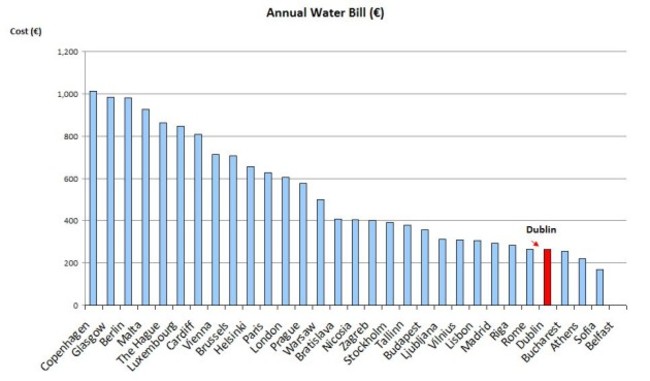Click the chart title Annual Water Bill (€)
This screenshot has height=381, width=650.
(x=326, y=13)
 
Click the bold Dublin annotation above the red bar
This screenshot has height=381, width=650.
(x=541, y=230)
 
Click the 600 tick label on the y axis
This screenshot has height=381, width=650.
(x=68, y=179)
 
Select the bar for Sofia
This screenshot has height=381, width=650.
(x=599, y=287)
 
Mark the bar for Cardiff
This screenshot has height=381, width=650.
(x=198, y=219)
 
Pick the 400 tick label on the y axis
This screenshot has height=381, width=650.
(x=68, y=221)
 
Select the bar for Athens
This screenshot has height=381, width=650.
(x=582, y=282)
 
